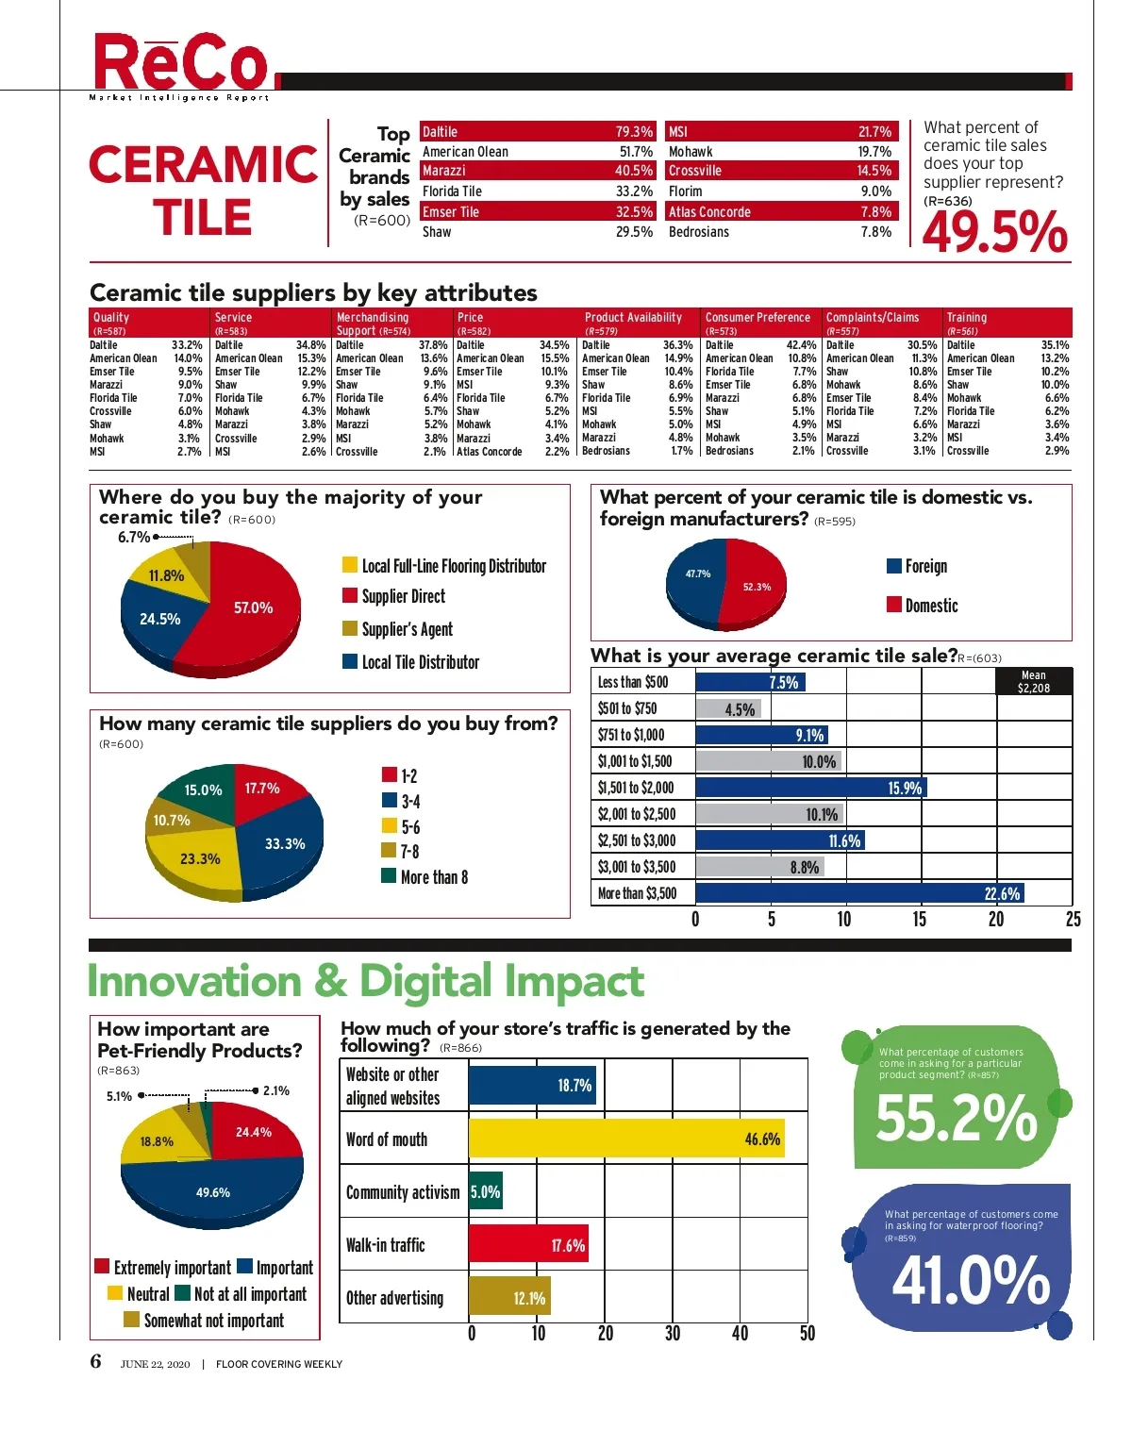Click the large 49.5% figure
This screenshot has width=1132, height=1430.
point(994,232)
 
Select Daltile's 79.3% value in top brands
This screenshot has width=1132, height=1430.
point(634,132)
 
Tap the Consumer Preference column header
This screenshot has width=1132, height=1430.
point(757,318)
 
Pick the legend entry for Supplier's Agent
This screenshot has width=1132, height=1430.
point(407,629)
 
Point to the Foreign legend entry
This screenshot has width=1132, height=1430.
point(924,566)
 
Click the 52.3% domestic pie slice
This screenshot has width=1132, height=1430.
point(756,587)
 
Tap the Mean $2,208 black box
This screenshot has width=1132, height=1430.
point(1034,682)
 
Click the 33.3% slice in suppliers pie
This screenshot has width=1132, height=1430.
point(284,843)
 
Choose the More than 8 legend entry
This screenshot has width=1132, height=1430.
point(433,877)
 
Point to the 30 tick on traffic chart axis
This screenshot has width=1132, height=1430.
point(673,1333)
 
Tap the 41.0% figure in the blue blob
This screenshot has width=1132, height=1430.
point(971,1280)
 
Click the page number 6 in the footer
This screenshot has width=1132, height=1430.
point(95,1361)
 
